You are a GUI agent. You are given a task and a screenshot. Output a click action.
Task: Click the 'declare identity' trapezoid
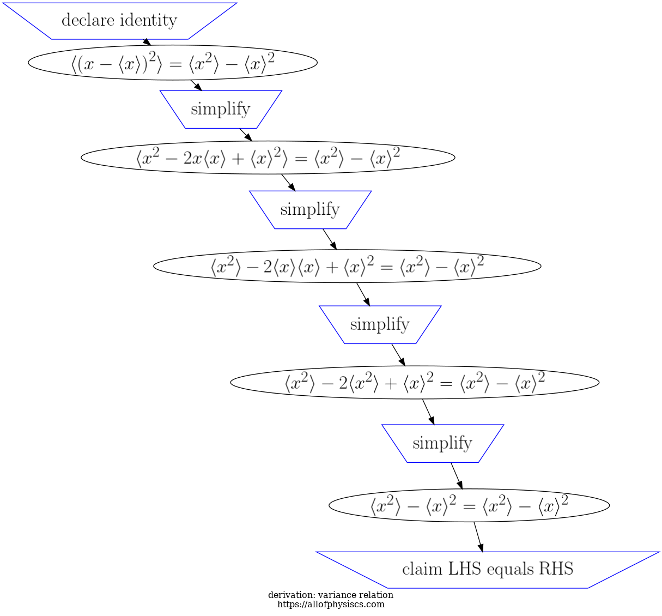coord(119,21)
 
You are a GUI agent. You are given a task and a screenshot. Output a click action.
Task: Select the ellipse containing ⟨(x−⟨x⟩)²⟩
coord(172,63)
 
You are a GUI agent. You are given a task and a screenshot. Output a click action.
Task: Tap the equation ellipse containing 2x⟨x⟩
coord(268,158)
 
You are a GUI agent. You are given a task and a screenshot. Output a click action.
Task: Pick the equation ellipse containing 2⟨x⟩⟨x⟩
coord(347,266)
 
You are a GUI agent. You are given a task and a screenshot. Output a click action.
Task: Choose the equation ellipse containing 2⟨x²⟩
coord(415,382)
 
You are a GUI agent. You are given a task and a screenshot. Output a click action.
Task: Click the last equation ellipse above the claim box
coord(469,505)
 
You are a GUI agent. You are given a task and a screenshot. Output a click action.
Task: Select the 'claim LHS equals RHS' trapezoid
coord(488,570)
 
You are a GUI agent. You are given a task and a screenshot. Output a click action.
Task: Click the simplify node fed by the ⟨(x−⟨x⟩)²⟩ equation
coord(221,109)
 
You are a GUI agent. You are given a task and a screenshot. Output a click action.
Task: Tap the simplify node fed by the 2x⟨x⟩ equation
coord(310,209)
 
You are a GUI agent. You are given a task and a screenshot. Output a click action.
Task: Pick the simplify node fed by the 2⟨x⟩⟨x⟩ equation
coord(380,324)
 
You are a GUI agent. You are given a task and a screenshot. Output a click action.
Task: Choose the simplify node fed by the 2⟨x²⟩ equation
coord(442,443)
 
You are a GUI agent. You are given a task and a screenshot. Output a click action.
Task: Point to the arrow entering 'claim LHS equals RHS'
coord(478,537)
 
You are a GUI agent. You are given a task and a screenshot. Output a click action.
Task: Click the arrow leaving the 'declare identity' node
coord(146,42)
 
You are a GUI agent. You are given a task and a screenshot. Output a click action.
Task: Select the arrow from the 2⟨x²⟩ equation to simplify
coord(428,412)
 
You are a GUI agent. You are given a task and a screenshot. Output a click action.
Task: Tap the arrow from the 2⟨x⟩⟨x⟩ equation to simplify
coord(363,294)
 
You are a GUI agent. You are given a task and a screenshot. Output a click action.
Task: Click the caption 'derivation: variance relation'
coord(331,595)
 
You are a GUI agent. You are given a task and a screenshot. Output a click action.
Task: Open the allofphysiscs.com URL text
coord(331,604)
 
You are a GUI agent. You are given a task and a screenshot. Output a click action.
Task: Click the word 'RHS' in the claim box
coord(556,569)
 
